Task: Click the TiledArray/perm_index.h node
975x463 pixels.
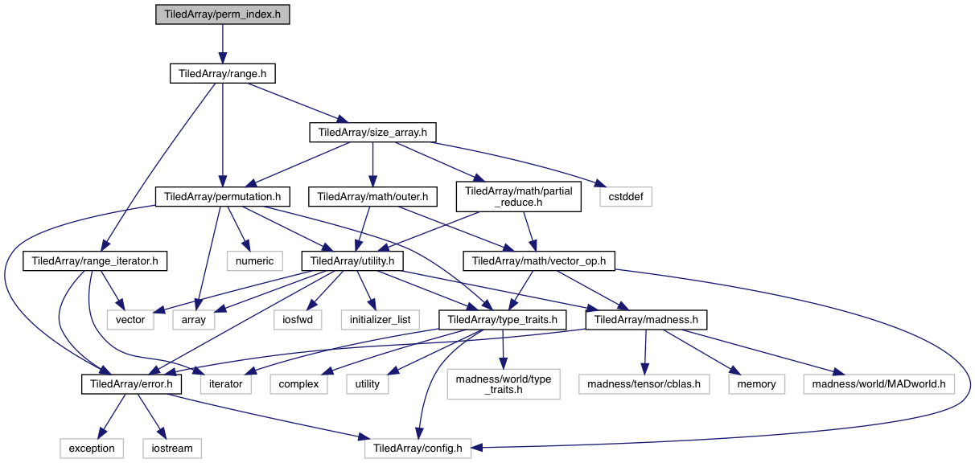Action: (222, 14)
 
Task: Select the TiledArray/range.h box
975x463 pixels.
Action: (222, 73)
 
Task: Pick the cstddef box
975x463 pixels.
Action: (625, 196)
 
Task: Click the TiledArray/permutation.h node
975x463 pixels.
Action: (222, 196)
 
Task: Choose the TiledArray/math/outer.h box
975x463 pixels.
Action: (371, 196)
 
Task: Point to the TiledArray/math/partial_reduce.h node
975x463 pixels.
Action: (518, 196)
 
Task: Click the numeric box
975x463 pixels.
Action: (255, 260)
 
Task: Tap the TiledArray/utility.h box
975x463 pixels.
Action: (352, 260)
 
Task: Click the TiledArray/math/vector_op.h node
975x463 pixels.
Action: (543, 260)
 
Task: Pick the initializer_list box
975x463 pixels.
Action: (380, 319)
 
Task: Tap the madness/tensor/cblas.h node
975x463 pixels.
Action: (644, 384)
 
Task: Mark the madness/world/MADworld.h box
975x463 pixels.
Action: (878, 384)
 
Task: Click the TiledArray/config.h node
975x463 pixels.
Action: (415, 448)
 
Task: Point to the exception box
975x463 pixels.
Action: (92, 448)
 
